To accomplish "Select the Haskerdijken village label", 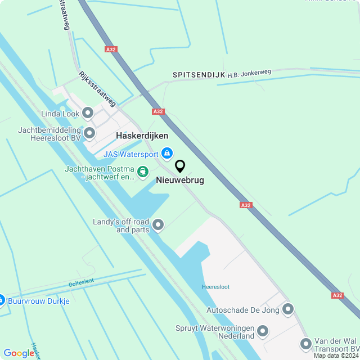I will (142, 136).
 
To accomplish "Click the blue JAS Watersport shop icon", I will (167, 152).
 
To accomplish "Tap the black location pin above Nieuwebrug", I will (180, 166).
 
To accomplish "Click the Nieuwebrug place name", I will (179, 181).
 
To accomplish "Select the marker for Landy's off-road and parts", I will (158, 225).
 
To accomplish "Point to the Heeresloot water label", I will (216, 287).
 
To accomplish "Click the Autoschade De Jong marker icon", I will (288, 309).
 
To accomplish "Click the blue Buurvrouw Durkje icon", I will (1, 300).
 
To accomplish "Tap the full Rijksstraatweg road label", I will (97, 88).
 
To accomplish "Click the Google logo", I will (19, 353).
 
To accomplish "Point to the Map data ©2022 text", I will (336, 355).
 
